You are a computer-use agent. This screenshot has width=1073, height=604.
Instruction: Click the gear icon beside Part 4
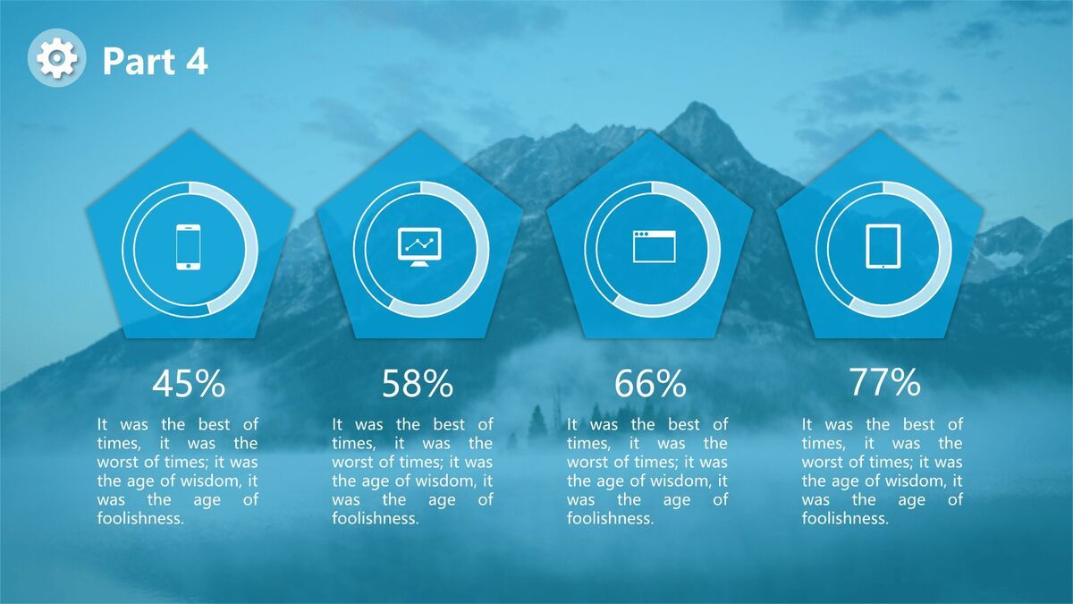coord(56,58)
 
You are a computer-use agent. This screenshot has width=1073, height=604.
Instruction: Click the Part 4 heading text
coord(156,62)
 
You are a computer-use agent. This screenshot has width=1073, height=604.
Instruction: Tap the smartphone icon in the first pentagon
coord(189,247)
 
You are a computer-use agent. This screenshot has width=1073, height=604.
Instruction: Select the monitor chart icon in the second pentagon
coord(419,246)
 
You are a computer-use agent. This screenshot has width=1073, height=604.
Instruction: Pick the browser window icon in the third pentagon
coord(654,246)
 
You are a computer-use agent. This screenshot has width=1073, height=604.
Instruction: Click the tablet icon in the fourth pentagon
coord(883,246)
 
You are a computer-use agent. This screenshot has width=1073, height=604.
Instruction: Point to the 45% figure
coord(189,384)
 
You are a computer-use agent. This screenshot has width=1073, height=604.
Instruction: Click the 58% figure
coord(418,384)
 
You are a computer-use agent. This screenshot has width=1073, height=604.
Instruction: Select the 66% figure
coord(650,384)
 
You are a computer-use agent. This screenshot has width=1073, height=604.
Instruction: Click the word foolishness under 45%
coord(140,518)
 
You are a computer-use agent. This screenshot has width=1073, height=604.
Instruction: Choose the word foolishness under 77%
coord(845,518)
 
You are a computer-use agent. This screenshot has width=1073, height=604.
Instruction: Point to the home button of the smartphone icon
coord(189,266)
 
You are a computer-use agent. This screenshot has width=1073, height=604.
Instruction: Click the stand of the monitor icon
coord(419,264)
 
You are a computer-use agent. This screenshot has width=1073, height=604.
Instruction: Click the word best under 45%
coord(214,424)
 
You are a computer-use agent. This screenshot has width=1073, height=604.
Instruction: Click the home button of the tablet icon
coord(883,266)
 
